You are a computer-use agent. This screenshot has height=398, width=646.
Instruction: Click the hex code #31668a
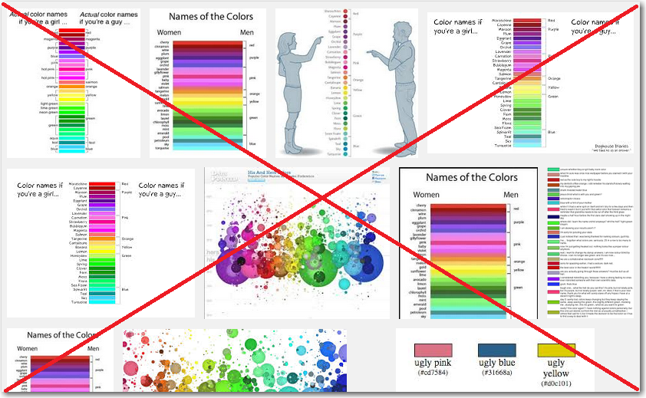point(496,373)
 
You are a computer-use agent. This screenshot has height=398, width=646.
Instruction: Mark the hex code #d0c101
point(557,383)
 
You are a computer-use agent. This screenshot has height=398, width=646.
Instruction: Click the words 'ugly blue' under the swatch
point(496,363)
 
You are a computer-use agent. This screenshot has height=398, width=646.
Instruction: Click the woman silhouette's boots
point(293,140)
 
